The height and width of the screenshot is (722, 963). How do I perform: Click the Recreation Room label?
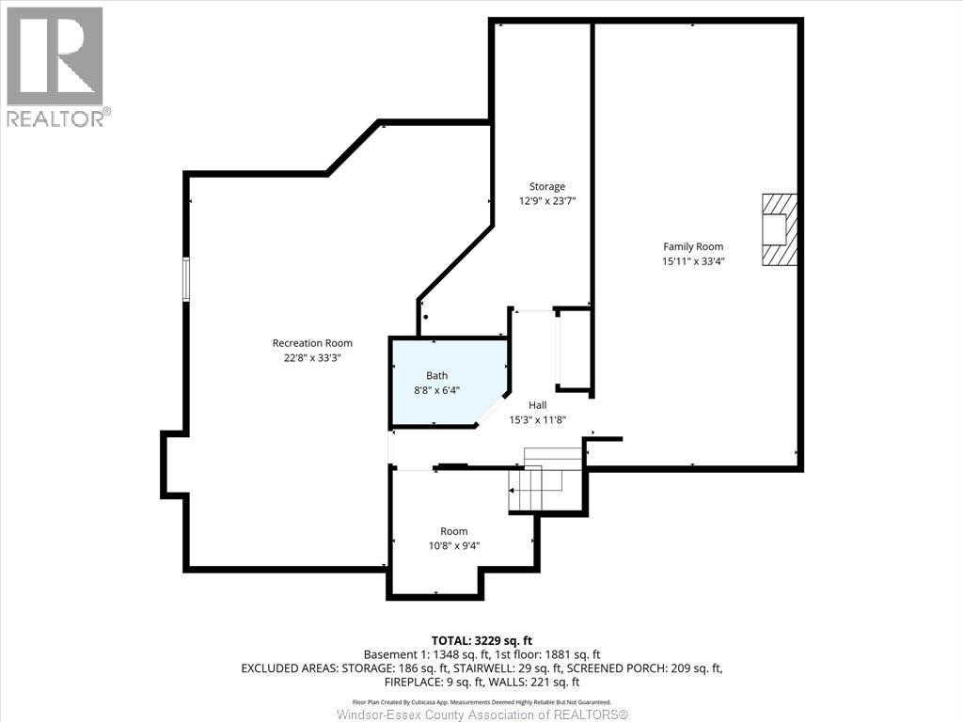point(312,343)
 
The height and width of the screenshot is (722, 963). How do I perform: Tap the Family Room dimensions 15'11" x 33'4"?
point(693,262)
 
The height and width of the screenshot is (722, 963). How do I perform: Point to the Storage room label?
point(546,186)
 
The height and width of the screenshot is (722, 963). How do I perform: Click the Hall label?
point(537,405)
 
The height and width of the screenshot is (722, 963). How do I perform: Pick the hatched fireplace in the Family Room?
point(779,230)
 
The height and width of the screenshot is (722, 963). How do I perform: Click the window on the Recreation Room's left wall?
point(186,279)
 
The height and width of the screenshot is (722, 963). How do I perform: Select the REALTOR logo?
point(55,66)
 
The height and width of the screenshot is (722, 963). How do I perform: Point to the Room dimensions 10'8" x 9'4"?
point(454,546)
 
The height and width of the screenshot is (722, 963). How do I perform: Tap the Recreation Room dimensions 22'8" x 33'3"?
point(312,358)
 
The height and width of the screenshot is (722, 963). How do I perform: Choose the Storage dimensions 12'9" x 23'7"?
point(546,201)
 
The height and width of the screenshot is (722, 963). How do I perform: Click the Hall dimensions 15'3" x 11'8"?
point(537,420)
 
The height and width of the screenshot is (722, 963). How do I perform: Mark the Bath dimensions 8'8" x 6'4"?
point(436,390)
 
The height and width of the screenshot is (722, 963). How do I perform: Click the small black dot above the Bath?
point(426,317)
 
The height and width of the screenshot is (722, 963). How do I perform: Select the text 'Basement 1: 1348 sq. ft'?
point(422,654)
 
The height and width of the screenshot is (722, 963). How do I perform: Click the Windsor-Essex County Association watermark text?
point(481,714)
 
